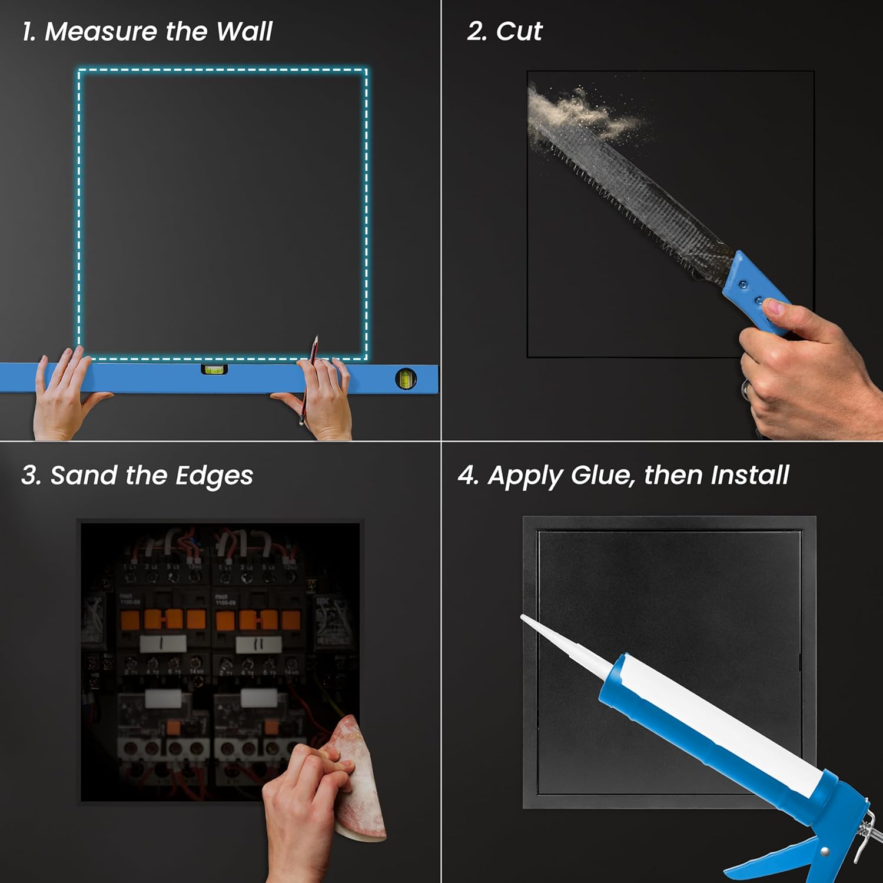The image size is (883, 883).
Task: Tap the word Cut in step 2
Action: pyautogui.click(x=519, y=32)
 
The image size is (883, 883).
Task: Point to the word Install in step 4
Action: pyautogui.click(x=749, y=476)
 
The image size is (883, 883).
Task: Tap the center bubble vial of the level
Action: pyautogui.click(x=214, y=370)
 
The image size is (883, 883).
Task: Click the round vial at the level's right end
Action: pyautogui.click(x=406, y=379)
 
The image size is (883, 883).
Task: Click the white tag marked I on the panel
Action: pyautogui.click(x=162, y=644)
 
